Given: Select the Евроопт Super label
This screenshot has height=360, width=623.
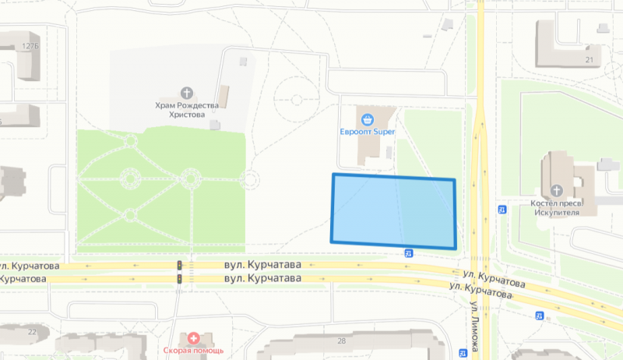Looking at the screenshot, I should pyautogui.click(x=368, y=132).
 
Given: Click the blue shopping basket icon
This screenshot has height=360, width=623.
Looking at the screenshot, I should pyautogui.click(x=368, y=119).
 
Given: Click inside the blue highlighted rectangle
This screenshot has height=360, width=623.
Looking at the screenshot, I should pyautogui.click(x=393, y=210).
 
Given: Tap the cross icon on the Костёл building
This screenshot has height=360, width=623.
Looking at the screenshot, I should pyautogui.click(x=557, y=190).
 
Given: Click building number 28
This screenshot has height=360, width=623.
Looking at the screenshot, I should pyautogui.click(x=341, y=341).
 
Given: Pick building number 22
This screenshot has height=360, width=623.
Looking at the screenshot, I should pyautogui.click(x=32, y=332).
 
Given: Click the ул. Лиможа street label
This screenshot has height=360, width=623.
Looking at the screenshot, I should pyautogui.click(x=474, y=327).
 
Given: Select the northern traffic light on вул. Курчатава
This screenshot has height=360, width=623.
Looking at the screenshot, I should pyautogui.click(x=179, y=266).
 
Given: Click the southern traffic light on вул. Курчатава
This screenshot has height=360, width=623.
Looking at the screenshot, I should pyautogui.click(x=179, y=278).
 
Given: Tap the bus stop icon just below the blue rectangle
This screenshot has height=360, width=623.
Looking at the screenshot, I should pyautogui.click(x=409, y=252).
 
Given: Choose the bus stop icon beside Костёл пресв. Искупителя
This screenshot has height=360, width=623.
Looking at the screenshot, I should pyautogui.click(x=503, y=209).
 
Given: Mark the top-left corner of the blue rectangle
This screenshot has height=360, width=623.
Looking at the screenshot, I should pyautogui.click(x=333, y=175).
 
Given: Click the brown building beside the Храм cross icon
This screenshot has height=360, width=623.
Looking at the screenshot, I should pyautogui.click(x=224, y=96).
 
